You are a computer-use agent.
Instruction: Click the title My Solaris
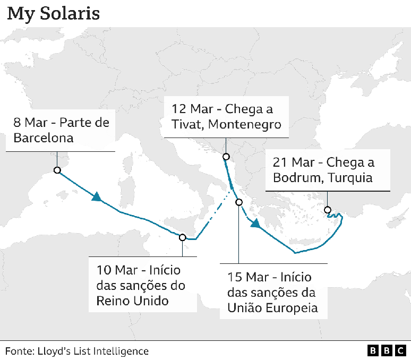(x=53, y=13)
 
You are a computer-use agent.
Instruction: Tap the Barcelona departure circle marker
(x=57, y=170)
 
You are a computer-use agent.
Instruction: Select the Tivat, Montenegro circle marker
(x=226, y=157)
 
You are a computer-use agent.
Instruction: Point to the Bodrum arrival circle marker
(x=328, y=209)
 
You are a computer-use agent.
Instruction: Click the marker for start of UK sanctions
(x=183, y=237)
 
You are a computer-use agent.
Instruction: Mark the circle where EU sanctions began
(x=239, y=202)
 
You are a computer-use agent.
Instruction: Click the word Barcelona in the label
(x=43, y=139)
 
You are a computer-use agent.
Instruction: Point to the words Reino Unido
(x=132, y=301)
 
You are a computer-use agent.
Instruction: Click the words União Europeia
(x=272, y=307)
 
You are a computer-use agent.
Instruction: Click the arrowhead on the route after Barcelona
(x=97, y=197)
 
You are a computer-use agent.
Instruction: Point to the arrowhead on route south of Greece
(x=255, y=223)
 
